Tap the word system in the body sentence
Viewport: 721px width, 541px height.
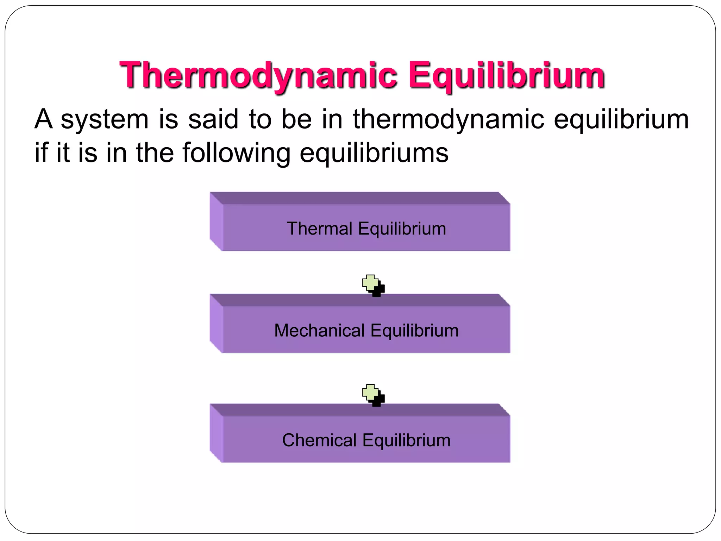click(105, 119)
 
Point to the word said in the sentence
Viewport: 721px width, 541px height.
click(213, 119)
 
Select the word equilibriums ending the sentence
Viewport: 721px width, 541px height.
click(374, 153)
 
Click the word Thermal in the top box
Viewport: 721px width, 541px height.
click(319, 229)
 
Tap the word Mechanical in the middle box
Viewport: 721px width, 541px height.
click(319, 331)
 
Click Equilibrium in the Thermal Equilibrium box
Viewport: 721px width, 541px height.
click(402, 229)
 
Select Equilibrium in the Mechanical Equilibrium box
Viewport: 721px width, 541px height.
click(414, 331)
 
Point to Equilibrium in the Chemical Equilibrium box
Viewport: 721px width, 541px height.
click(406, 440)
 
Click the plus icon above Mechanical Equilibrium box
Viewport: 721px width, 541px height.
click(372, 285)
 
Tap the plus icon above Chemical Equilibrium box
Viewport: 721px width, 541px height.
click(372, 394)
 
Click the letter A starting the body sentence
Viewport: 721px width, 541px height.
click(43, 119)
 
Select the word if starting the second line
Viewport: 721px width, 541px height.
click(41, 153)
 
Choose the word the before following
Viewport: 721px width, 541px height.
click(155, 153)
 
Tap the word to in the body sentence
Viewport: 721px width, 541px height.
click(260, 119)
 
